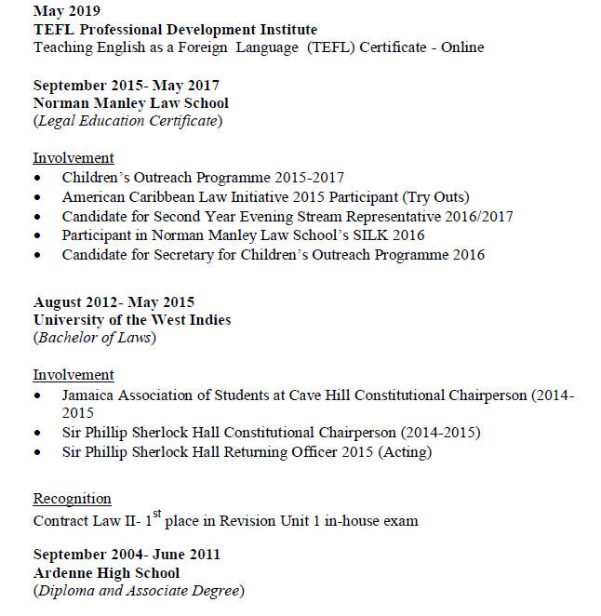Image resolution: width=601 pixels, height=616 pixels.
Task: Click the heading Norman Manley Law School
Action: click(x=130, y=103)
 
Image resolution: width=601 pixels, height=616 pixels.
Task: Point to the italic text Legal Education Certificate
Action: click(x=127, y=121)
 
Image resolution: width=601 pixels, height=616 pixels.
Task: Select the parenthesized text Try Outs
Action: click(x=437, y=197)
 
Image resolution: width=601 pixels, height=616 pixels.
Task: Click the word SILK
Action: click(x=378, y=236)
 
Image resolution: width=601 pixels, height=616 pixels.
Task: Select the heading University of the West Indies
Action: click(x=132, y=320)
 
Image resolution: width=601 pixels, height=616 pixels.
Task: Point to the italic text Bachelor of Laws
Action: click(x=95, y=338)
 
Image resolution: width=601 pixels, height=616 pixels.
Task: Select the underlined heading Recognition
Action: click(x=72, y=499)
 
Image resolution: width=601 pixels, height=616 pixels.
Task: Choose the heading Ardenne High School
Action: click(x=106, y=573)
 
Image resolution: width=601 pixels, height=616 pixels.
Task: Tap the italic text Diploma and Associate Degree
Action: click(x=139, y=591)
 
